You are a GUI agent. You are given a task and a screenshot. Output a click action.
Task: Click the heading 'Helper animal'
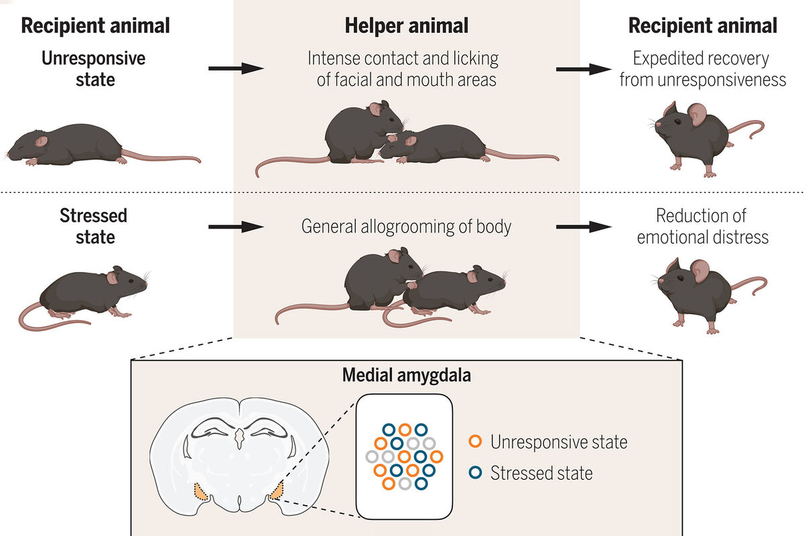click(406, 26)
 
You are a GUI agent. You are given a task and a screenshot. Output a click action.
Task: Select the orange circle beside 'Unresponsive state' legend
click(475, 442)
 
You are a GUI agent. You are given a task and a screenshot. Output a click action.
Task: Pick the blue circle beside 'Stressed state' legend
click(475, 473)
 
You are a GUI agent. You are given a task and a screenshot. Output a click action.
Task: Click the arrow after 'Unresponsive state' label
click(234, 68)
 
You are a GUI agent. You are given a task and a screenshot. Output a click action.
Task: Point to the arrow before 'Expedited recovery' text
click(583, 68)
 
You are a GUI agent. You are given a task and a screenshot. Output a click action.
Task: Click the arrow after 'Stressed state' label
click(234, 227)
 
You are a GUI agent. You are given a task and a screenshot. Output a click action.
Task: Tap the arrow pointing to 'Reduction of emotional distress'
click(583, 227)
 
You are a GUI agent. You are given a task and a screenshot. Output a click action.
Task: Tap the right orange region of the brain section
click(276, 492)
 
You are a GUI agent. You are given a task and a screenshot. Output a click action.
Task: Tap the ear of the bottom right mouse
click(699, 271)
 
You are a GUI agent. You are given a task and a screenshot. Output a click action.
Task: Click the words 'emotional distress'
click(702, 237)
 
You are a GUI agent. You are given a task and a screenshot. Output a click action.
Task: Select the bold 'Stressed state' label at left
click(94, 226)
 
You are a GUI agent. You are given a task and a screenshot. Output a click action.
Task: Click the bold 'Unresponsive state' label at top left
click(94, 68)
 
